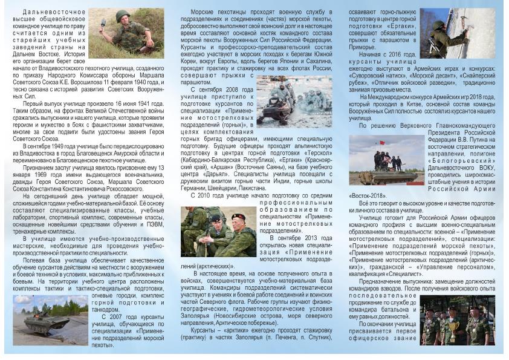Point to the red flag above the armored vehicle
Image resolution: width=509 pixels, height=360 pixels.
tap(382, 143)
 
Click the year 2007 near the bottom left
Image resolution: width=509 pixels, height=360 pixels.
tap(117, 316)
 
